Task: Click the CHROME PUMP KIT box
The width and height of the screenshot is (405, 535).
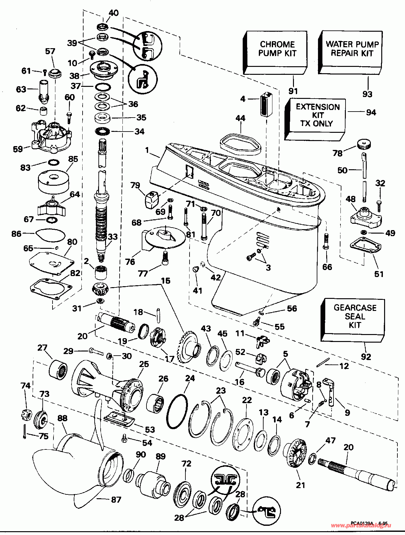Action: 277,51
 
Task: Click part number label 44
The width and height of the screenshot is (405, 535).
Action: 240,118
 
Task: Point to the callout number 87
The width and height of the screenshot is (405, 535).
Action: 116,500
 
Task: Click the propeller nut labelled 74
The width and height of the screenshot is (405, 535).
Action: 25,414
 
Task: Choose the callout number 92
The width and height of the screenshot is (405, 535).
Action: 366,357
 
